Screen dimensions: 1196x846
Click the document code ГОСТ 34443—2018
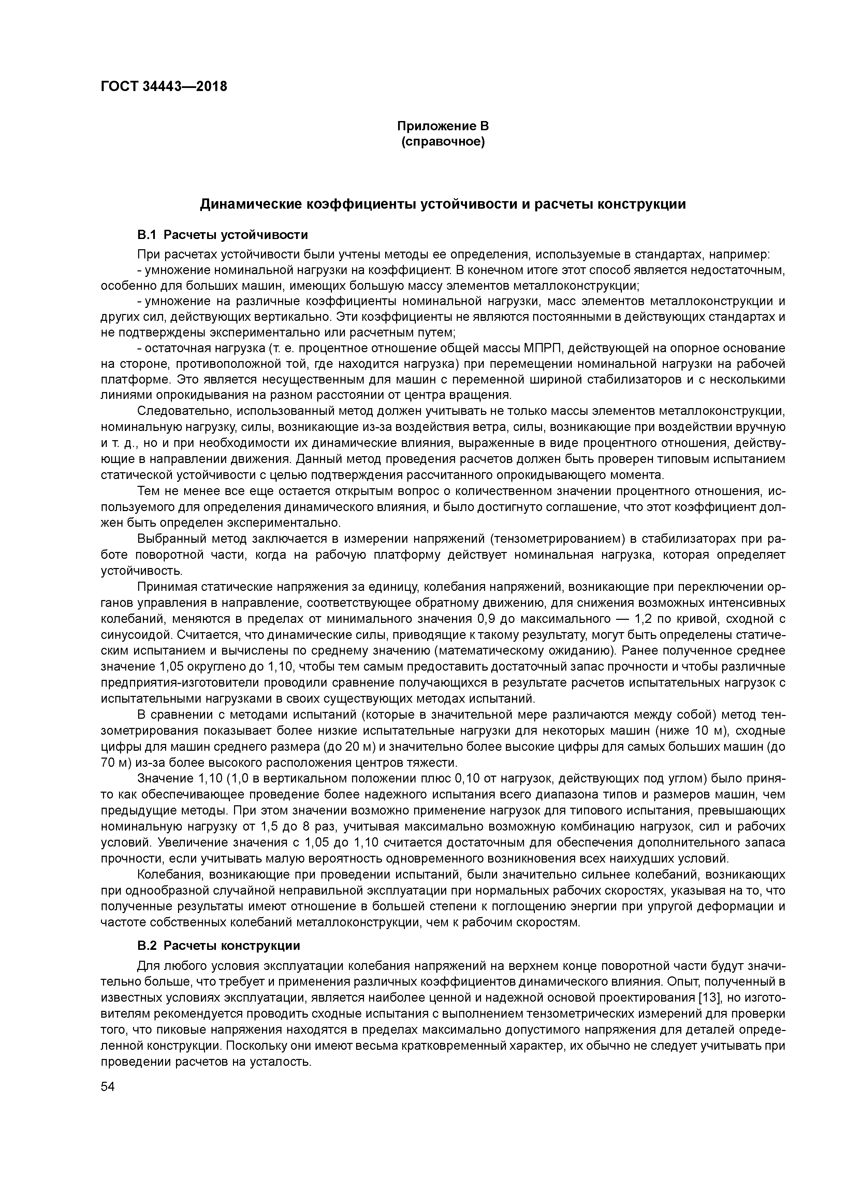point(164,86)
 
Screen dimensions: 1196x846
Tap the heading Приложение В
point(442,126)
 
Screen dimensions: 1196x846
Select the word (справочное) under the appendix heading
point(442,142)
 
